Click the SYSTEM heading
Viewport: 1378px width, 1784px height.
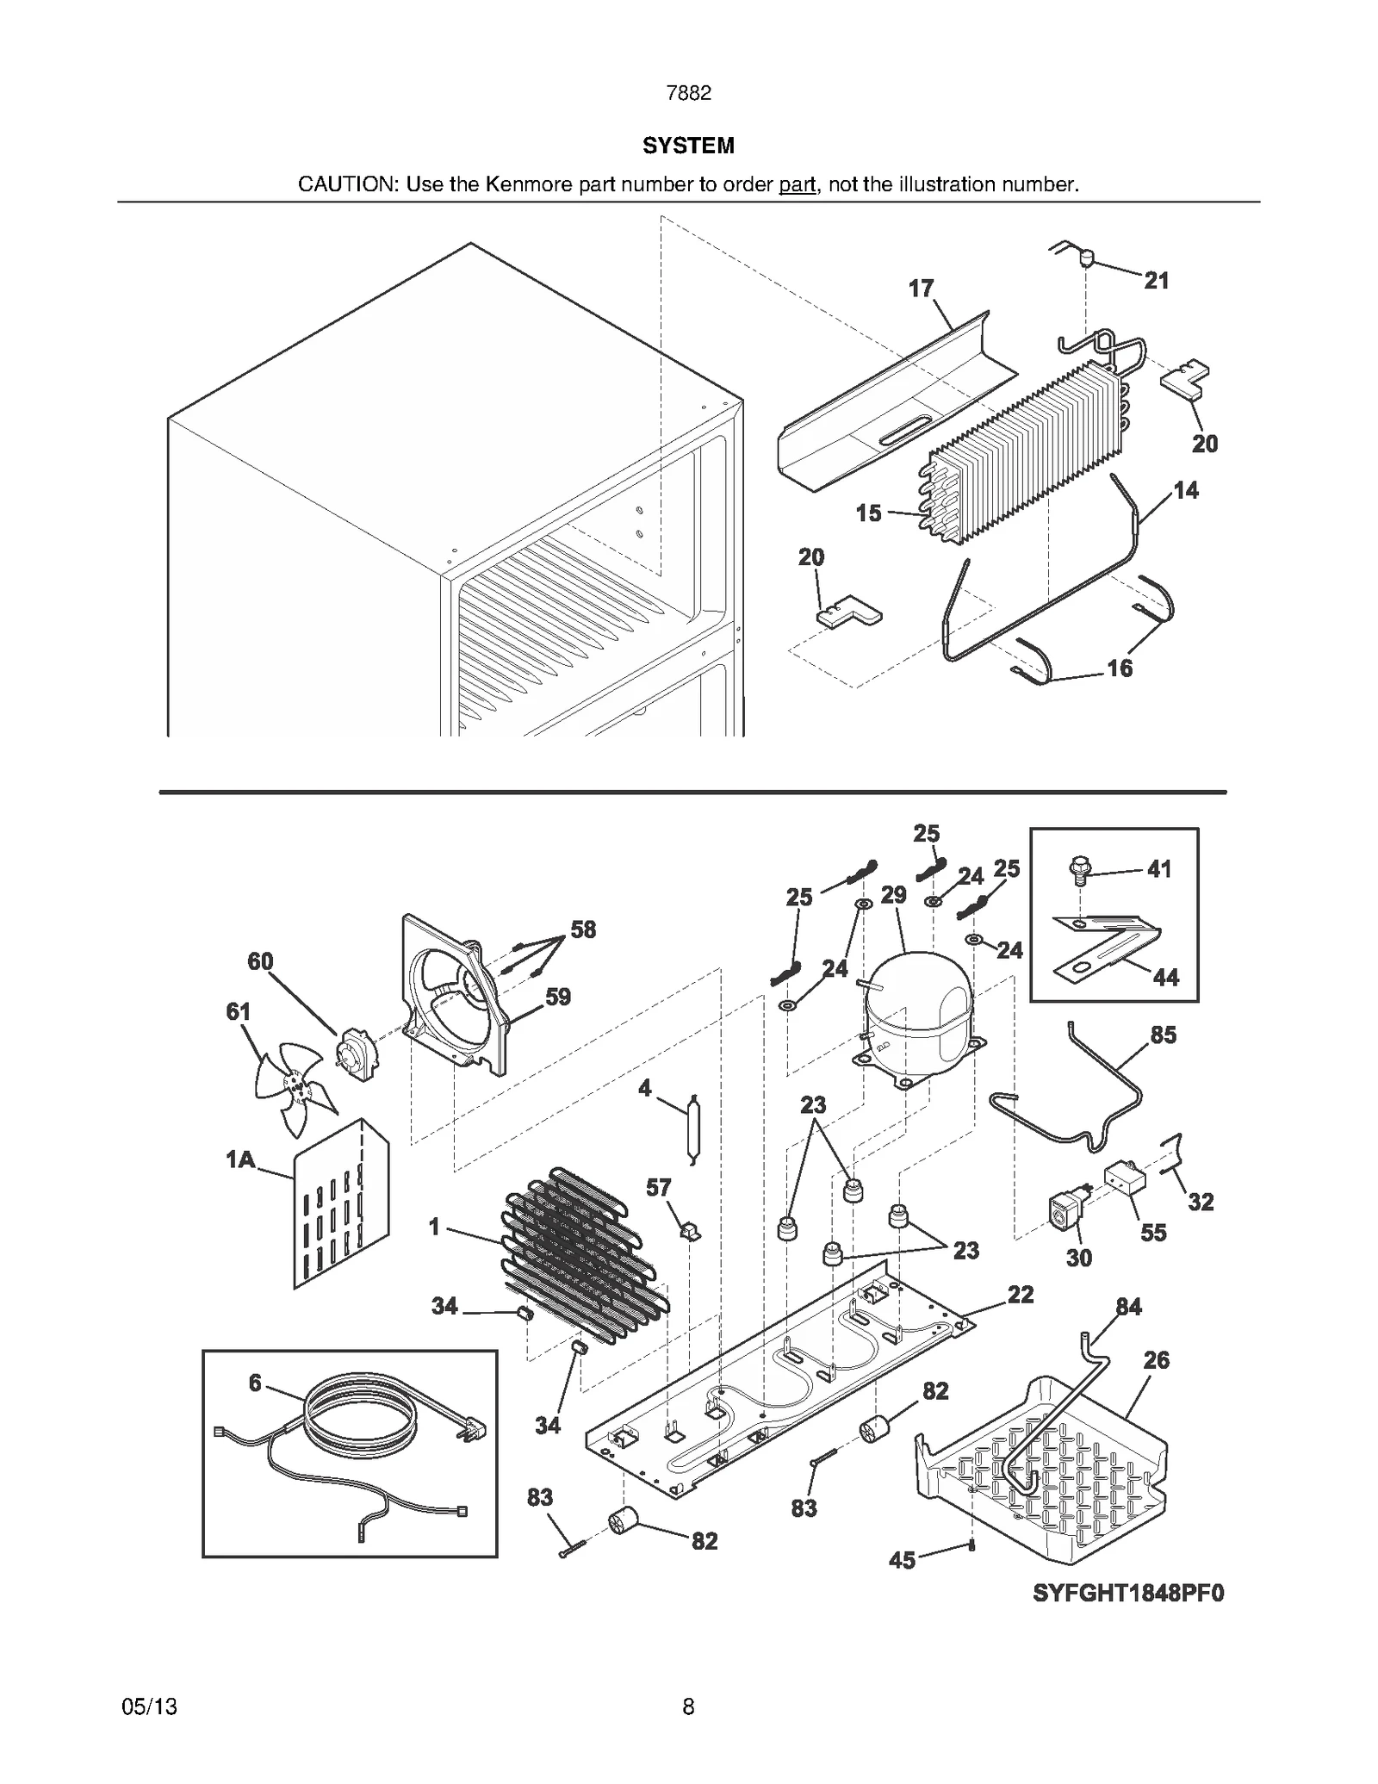pyautogui.click(x=688, y=146)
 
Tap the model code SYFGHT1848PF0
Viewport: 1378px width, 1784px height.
pyautogui.click(x=1128, y=1594)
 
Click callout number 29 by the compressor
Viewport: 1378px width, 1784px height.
pyautogui.click(x=893, y=894)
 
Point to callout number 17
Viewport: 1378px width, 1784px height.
pyautogui.click(x=921, y=288)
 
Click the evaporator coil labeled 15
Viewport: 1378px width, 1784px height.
pyautogui.click(x=1025, y=452)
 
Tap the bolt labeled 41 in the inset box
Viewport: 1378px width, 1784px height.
pyautogui.click(x=1078, y=869)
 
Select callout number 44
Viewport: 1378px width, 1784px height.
pyautogui.click(x=1165, y=977)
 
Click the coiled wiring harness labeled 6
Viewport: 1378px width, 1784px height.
pyautogui.click(x=357, y=1426)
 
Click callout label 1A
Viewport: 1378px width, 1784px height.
pyautogui.click(x=240, y=1159)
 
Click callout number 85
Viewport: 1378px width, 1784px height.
pyautogui.click(x=1163, y=1035)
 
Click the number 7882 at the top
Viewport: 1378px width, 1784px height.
pyautogui.click(x=688, y=93)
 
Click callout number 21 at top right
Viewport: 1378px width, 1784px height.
pyautogui.click(x=1156, y=280)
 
